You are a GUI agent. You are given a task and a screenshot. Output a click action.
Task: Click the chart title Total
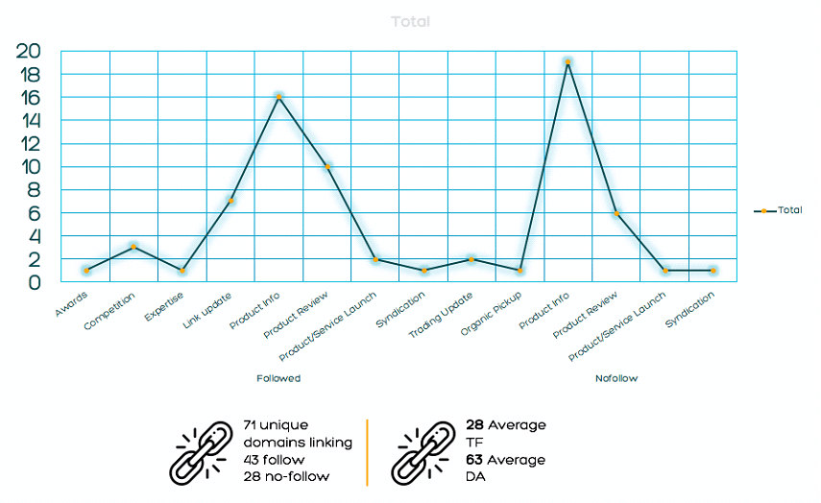click(x=411, y=21)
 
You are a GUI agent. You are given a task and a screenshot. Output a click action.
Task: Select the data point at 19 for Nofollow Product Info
click(x=568, y=62)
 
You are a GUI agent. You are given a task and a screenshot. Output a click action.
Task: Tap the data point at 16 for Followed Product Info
click(x=278, y=97)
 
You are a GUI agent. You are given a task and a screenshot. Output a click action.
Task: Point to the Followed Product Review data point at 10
click(x=327, y=166)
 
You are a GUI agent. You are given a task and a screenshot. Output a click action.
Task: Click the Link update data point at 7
click(x=230, y=201)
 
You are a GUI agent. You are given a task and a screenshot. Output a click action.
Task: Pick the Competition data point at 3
click(x=133, y=247)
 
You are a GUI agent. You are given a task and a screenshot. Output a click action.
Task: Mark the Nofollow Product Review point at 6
click(x=616, y=212)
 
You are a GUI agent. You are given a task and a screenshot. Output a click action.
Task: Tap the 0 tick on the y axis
click(x=36, y=282)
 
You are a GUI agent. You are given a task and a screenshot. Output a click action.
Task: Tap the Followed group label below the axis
click(x=278, y=378)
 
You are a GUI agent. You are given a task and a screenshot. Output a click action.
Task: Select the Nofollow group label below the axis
click(x=616, y=378)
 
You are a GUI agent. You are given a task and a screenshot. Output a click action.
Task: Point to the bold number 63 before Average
click(x=476, y=460)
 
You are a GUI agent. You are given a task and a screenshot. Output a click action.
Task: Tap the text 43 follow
click(x=274, y=460)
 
